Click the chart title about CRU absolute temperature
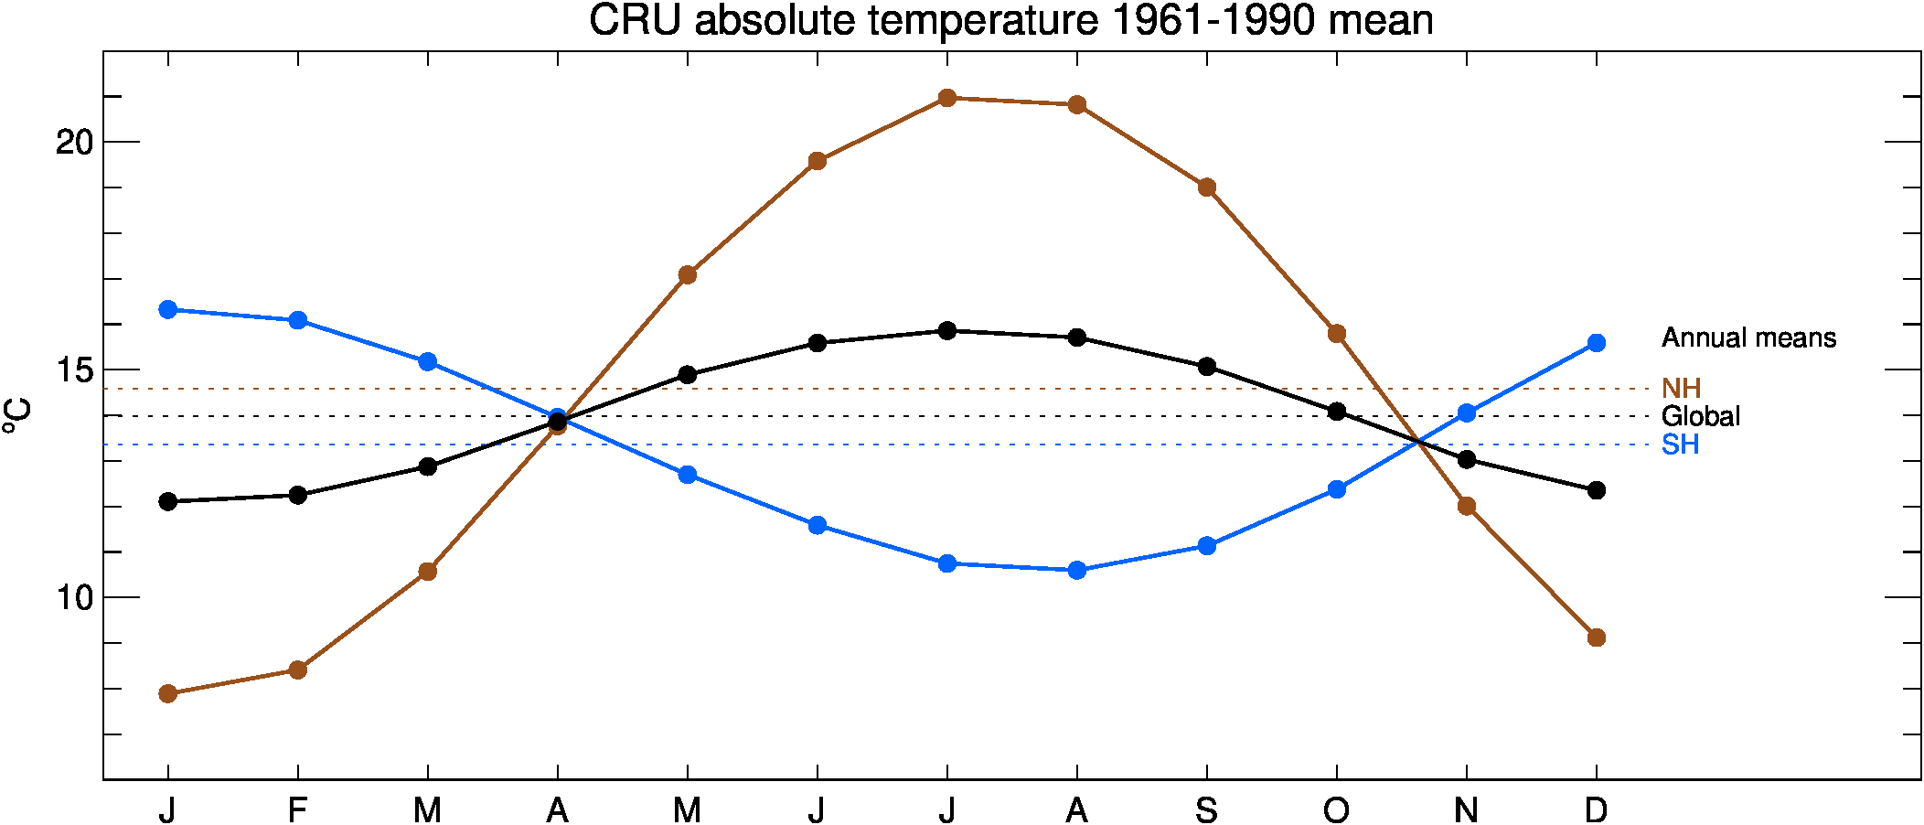click(x=1010, y=20)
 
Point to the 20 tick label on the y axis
click(x=75, y=143)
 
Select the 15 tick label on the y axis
click(x=75, y=370)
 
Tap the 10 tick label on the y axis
click(x=75, y=598)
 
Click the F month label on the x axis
click(x=297, y=810)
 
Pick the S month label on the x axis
click(x=1206, y=810)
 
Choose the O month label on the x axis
click(x=1336, y=810)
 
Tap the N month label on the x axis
click(x=1466, y=810)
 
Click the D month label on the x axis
click(x=1596, y=810)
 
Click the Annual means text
click(x=1748, y=338)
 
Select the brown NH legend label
click(x=1681, y=389)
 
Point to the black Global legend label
click(x=1700, y=417)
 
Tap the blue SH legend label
click(x=1680, y=445)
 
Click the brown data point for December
click(x=1596, y=637)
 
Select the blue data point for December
click(x=1596, y=343)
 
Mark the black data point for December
click(x=1596, y=490)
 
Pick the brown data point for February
click(x=297, y=670)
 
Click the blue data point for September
click(x=1206, y=546)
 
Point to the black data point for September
click(x=1206, y=367)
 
